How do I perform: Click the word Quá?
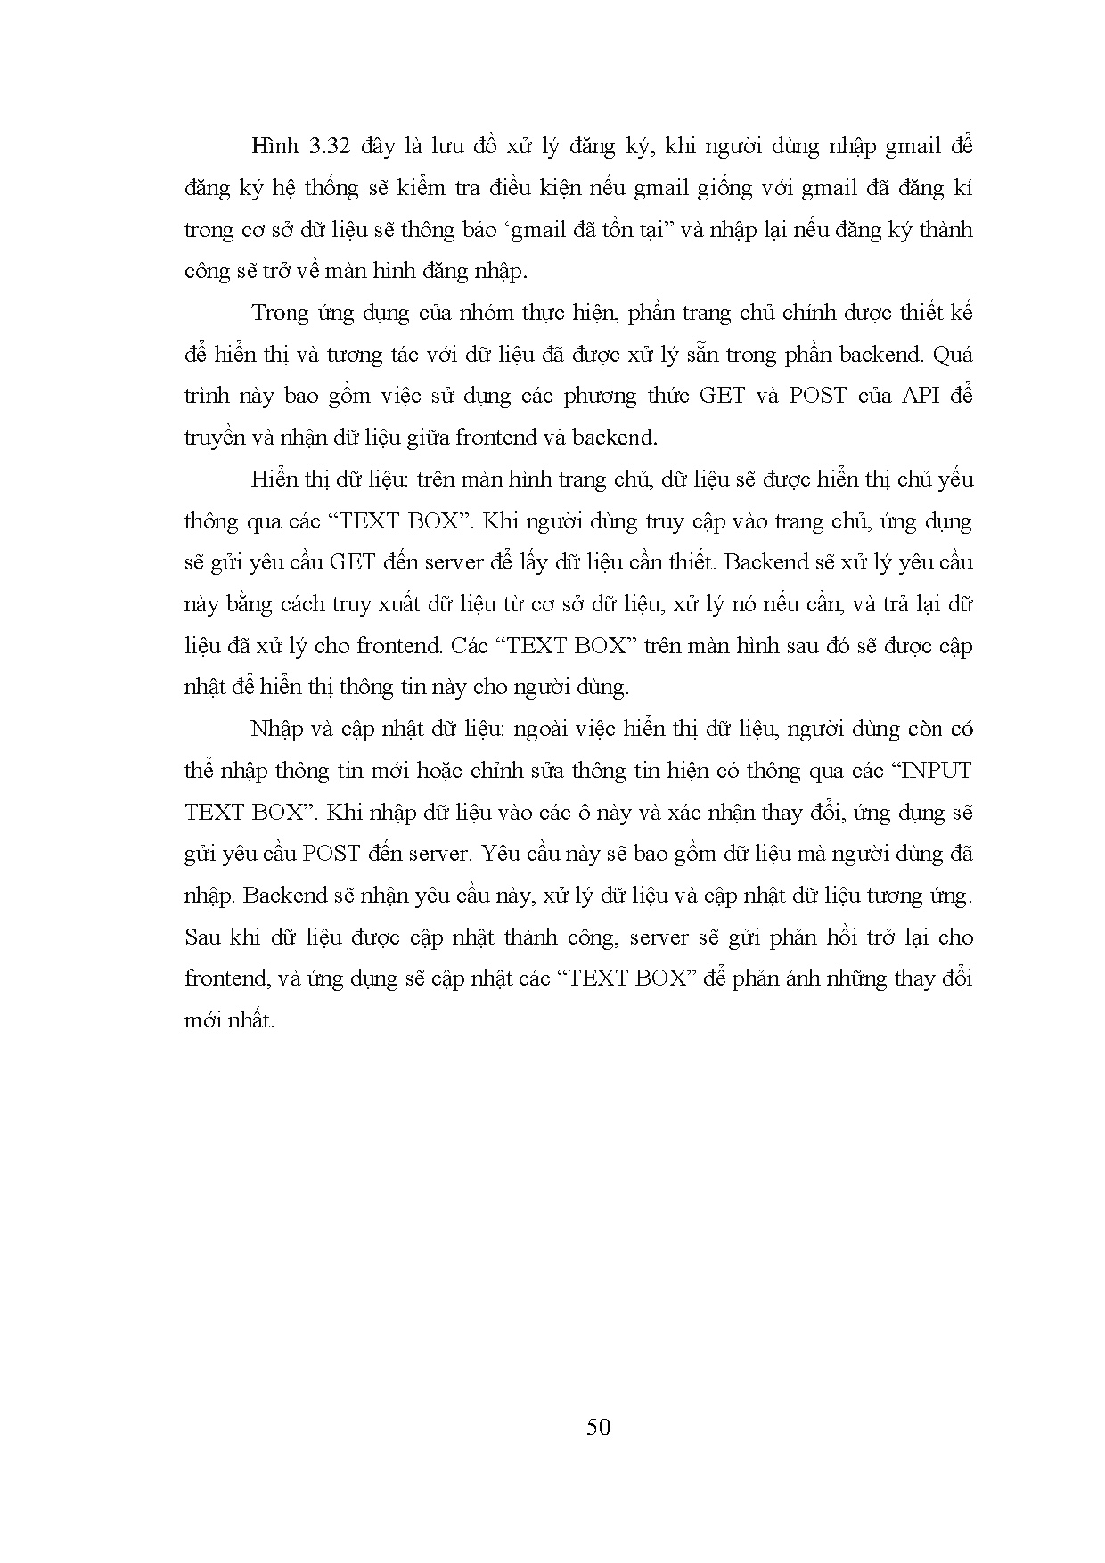[952, 355]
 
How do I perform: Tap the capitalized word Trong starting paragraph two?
[280, 313]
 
